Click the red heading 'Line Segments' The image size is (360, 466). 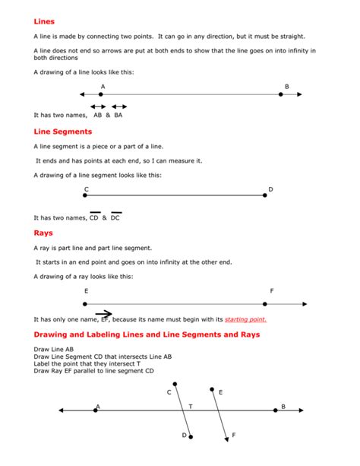pyautogui.click(x=62, y=132)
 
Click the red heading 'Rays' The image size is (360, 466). pyautogui.click(x=43, y=233)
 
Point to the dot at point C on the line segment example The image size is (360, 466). pyautogui.click(x=86, y=195)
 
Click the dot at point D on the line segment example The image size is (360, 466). pyautogui.click(x=265, y=195)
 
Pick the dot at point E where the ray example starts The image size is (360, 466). pyautogui.click(x=86, y=303)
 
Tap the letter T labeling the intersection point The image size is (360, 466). pyautogui.click(x=191, y=406)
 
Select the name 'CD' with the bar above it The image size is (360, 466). pyautogui.click(x=94, y=218)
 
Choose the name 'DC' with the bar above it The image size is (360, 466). pyautogui.click(x=115, y=218)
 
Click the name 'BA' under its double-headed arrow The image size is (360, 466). pyautogui.click(x=118, y=116)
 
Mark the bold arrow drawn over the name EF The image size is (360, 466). pyautogui.click(x=103, y=313)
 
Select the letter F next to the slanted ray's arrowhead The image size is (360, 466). pyautogui.click(x=233, y=435)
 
